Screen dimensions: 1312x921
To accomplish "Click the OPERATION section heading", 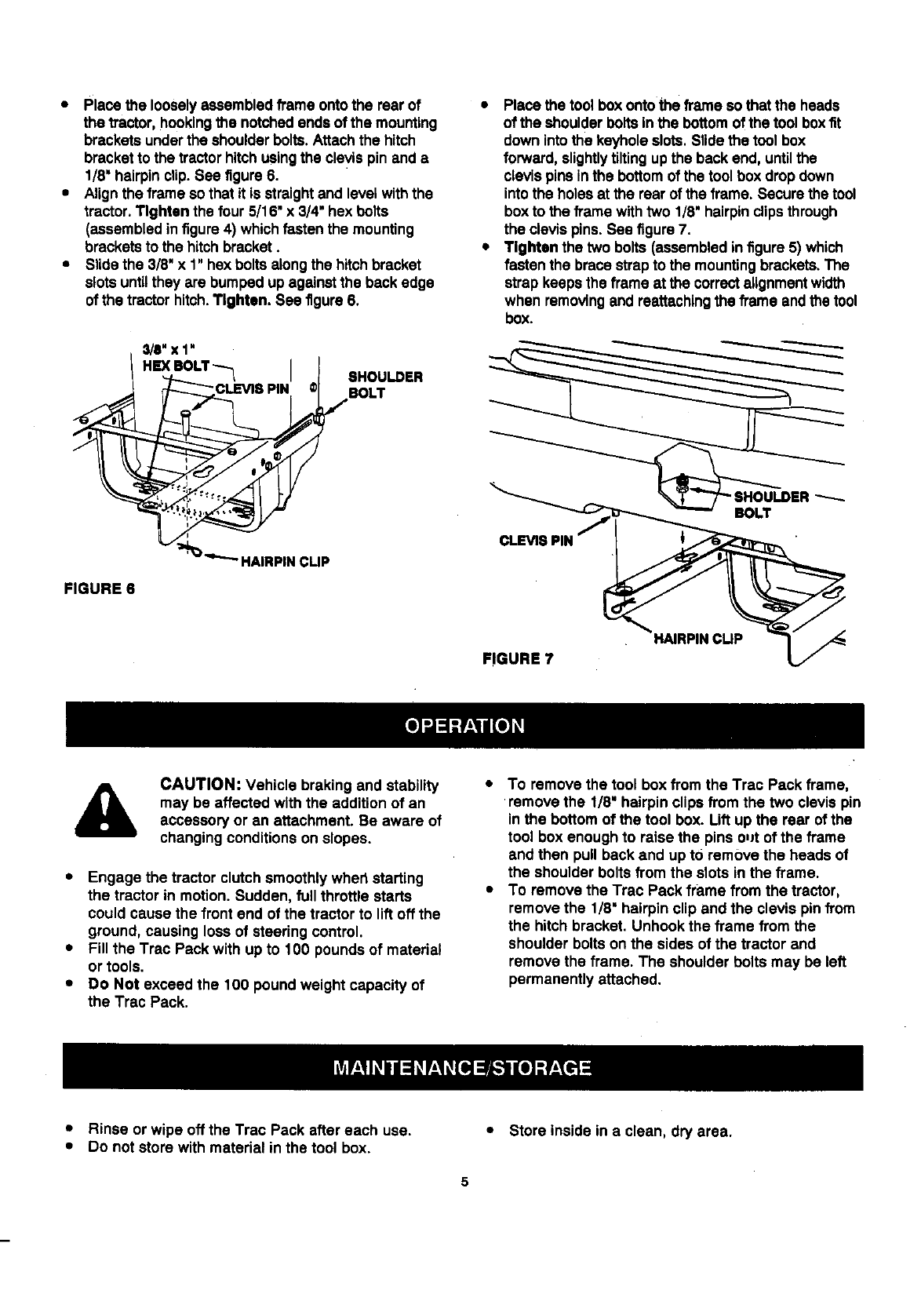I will (464, 724).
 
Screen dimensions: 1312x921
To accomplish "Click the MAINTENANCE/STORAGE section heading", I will (461, 1068).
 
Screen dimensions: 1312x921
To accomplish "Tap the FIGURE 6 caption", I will (99, 588).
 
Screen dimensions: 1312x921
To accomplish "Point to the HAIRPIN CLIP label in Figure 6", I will (284, 561).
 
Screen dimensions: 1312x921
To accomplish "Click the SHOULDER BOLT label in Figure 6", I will (384, 384).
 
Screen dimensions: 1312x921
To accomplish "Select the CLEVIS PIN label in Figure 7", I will (537, 540).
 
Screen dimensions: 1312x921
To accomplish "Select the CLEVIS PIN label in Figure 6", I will (252, 388).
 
